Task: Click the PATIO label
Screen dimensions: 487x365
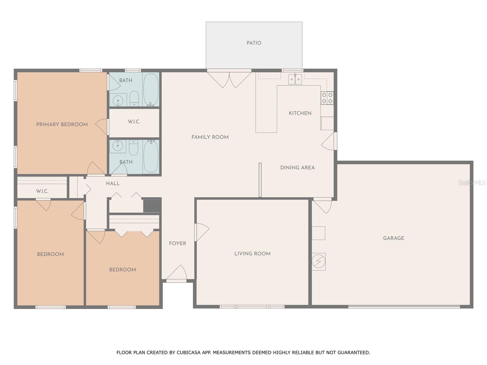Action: (254, 43)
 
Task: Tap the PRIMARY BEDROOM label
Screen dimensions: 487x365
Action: (62, 124)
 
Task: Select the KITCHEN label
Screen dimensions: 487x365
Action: (300, 113)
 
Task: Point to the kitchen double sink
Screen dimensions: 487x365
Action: (295, 79)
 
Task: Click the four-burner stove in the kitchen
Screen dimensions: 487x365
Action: (327, 98)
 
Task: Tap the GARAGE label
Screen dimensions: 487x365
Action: (393, 238)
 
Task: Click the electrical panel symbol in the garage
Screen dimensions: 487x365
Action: (319, 262)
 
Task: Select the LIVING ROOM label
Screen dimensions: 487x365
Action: (252, 254)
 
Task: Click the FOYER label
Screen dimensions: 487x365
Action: (177, 243)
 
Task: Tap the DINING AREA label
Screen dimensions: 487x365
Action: (297, 168)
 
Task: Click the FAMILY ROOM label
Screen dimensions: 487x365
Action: (210, 137)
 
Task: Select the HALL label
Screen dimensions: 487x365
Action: (113, 183)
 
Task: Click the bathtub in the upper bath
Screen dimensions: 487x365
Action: (151, 89)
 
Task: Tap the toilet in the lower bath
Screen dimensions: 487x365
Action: (134, 148)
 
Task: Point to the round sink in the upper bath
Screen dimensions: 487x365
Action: (118, 100)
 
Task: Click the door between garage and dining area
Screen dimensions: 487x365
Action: (322, 205)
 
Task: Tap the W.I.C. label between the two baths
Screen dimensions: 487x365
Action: (134, 121)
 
